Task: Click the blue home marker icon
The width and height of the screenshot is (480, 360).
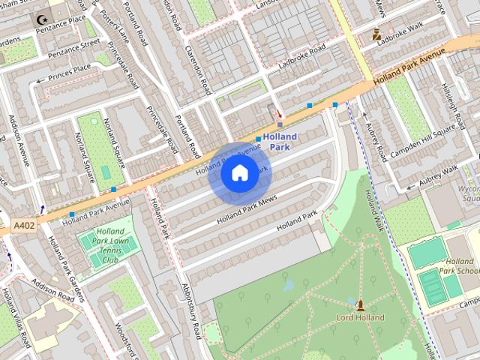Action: click(x=239, y=173)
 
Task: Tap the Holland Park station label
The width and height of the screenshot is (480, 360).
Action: click(x=280, y=142)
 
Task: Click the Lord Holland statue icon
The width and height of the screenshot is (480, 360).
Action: click(x=361, y=304)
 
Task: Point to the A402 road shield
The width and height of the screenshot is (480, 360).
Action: click(x=22, y=224)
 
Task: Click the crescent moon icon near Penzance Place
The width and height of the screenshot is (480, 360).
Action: click(x=38, y=18)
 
